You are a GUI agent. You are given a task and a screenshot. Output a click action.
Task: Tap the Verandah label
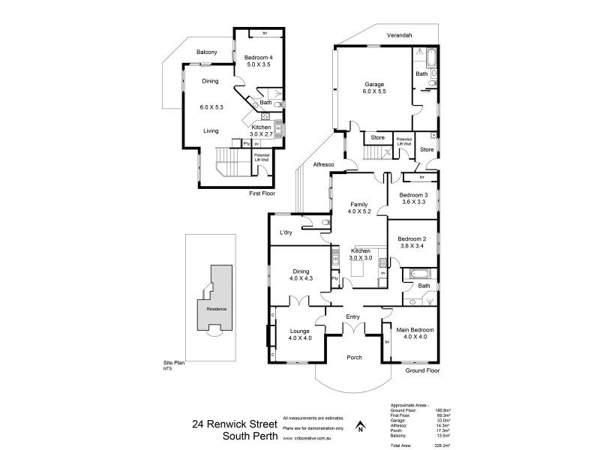pyautogui.click(x=402, y=35)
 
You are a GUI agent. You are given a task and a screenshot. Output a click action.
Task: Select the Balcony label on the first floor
pyautogui.click(x=207, y=52)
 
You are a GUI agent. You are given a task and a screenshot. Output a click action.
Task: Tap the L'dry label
pyautogui.click(x=286, y=233)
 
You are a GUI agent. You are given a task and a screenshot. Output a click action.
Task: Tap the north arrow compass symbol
pyautogui.click(x=359, y=427)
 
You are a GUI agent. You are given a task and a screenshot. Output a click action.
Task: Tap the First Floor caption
pyautogui.click(x=262, y=193)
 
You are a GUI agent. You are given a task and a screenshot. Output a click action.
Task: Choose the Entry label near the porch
pyautogui.click(x=352, y=317)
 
